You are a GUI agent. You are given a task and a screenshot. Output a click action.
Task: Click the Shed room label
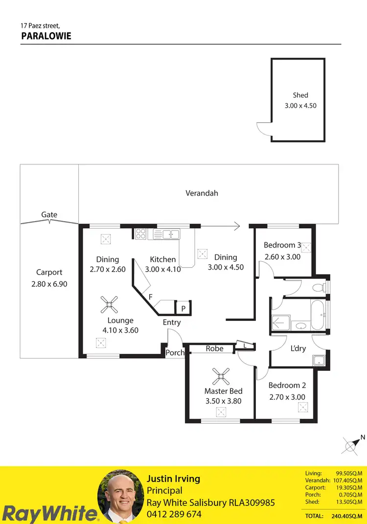(300, 95)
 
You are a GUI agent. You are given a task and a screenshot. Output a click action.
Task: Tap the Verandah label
(202, 193)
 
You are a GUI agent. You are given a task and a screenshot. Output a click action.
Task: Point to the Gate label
(49, 214)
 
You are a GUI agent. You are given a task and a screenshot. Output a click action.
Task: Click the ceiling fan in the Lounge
(110, 305)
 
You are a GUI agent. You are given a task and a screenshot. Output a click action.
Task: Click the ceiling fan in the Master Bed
(222, 376)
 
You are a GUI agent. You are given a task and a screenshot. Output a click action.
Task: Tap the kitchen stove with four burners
(140, 234)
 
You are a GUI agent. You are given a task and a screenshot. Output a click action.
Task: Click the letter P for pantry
(183, 309)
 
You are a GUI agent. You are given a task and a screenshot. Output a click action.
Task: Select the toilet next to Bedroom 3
(319, 287)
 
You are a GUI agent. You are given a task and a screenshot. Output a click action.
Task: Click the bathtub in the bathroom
(316, 316)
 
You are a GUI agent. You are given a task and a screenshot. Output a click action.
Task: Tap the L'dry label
(298, 348)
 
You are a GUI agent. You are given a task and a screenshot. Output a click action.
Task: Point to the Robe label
(214, 348)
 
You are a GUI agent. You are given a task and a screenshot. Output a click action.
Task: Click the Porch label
(175, 352)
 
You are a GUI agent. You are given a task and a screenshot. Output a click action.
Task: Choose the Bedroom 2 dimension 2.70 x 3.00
(287, 397)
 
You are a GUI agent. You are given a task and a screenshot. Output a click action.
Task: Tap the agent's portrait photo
(120, 496)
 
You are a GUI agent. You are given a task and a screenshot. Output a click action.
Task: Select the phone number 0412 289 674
(174, 514)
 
